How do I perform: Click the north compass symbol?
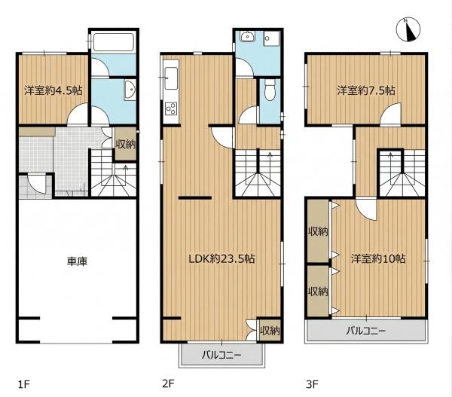[408, 29]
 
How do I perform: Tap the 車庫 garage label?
[77, 261]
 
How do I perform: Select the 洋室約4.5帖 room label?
[53, 90]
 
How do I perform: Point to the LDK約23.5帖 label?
[221, 258]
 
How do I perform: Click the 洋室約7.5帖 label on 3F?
[366, 90]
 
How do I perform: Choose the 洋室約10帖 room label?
[378, 258]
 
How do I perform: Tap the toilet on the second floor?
[270, 90]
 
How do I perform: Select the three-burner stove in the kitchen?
[171, 108]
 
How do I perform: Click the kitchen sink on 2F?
[171, 78]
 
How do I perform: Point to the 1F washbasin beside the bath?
[130, 90]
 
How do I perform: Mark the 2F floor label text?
[168, 384]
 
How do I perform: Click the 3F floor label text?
[312, 384]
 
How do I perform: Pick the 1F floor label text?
[24, 384]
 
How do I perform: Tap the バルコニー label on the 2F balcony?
[221, 354]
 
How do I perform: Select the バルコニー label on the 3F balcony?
[366, 331]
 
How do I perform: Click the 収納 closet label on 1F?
[126, 144]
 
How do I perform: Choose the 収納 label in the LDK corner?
[270, 331]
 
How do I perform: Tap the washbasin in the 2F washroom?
[247, 37]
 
